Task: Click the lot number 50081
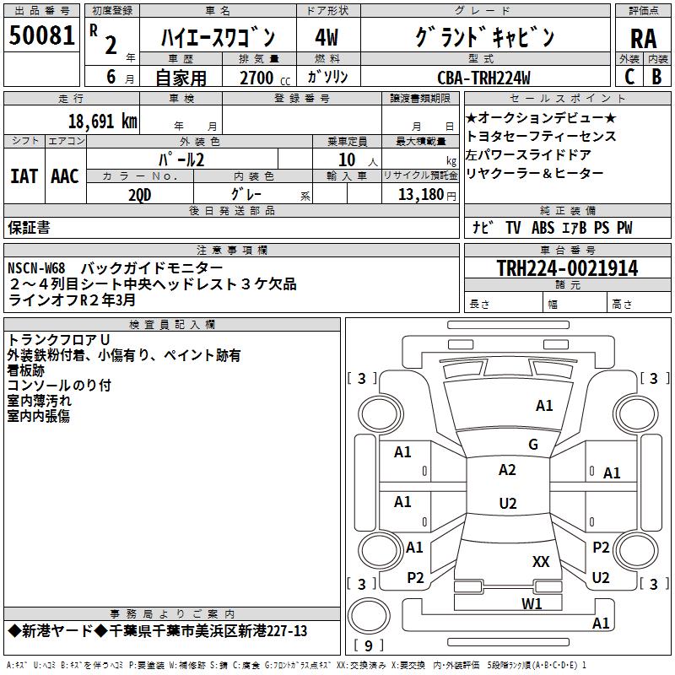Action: coord(40,36)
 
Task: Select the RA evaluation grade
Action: coord(643,38)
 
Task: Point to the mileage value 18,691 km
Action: coord(101,121)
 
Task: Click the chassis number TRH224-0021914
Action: coord(567,268)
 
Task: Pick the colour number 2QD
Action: coord(140,193)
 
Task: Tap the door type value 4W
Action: coord(326,37)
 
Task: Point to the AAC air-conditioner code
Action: coord(64,175)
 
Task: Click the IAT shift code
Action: coord(24,175)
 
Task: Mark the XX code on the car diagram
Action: coord(541,561)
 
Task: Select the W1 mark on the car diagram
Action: coord(532,602)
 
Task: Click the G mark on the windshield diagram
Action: coord(532,445)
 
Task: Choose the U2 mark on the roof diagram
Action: coord(507,504)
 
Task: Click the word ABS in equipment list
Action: coord(543,228)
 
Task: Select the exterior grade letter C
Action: coord(629,77)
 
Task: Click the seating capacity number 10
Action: coord(347,159)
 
